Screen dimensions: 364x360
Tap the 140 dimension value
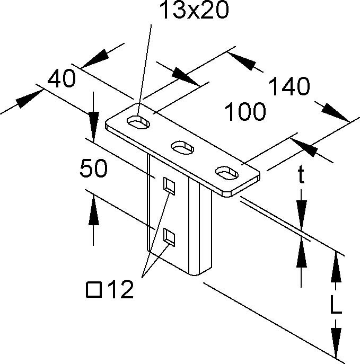(x=289, y=86)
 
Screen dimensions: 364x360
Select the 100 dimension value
(x=245, y=112)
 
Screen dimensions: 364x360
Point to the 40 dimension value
(x=61, y=79)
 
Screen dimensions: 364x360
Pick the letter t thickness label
(x=301, y=175)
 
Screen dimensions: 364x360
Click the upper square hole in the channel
(x=169, y=186)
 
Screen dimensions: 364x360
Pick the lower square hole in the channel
(x=169, y=236)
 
